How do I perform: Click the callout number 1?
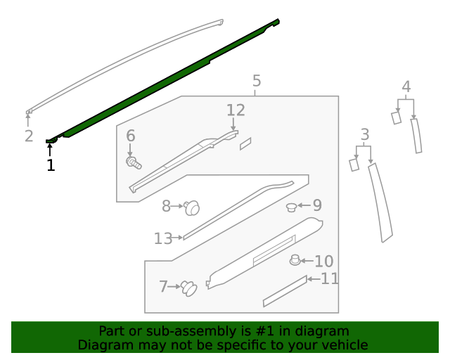50,165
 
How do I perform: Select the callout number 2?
29,136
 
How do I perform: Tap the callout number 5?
257,82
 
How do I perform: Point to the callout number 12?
236,110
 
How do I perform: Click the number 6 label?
130,136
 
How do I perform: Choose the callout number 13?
162,239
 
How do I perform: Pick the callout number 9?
317,205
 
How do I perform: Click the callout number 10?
323,262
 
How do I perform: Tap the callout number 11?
330,279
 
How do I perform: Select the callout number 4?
406,87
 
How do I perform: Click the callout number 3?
364,134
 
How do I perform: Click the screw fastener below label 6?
133,164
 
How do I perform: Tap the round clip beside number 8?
192,207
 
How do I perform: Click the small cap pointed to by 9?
291,207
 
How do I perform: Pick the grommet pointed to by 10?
295,261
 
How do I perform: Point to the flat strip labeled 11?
285,291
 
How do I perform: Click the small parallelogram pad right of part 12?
245,143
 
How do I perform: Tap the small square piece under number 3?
354,165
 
